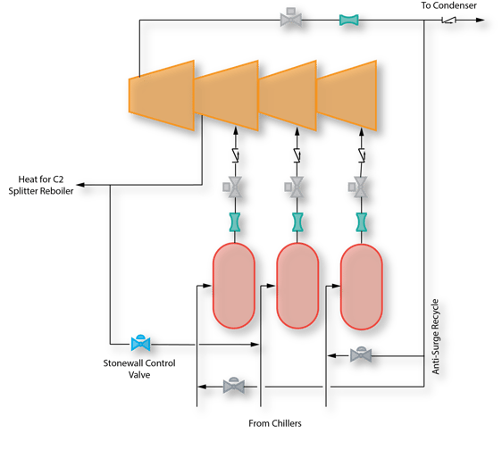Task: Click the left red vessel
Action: click(237, 287)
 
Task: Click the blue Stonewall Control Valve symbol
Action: click(139, 342)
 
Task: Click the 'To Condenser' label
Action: click(448, 6)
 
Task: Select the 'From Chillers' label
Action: click(274, 422)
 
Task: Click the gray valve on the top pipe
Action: click(291, 17)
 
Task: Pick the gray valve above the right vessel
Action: click(359, 187)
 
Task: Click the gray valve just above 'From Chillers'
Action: click(234, 385)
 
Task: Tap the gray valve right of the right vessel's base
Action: click(361, 354)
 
